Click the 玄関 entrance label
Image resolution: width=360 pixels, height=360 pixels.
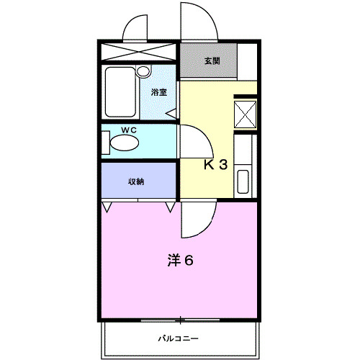212,61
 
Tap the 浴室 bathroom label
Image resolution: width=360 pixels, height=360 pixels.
159,92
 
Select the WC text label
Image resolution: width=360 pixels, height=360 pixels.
130,130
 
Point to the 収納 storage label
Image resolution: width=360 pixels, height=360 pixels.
136,181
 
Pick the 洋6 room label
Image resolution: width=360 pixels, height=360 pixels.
180,260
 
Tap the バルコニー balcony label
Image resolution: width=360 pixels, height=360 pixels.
179,338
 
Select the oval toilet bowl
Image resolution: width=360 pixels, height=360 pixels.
125,143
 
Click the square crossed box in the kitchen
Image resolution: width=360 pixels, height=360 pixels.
245,114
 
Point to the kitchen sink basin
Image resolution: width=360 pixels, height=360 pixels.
244,181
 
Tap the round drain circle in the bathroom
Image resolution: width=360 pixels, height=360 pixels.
143,72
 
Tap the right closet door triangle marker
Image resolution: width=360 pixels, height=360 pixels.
170,207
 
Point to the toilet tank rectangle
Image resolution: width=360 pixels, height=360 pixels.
104,143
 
